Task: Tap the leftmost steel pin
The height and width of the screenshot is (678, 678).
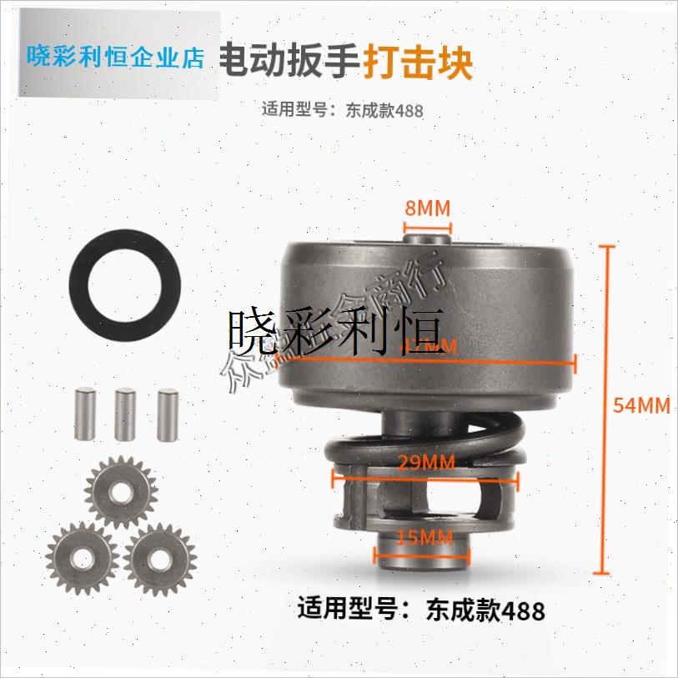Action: point(82,414)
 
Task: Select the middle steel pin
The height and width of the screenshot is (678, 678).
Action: point(124,414)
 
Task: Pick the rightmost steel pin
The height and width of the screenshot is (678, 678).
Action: point(167,414)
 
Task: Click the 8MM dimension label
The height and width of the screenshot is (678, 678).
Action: point(427,206)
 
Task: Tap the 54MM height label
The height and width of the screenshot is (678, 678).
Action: point(641,406)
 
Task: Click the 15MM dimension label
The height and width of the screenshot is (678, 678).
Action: point(426,538)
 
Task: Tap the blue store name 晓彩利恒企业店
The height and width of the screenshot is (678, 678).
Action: point(116,57)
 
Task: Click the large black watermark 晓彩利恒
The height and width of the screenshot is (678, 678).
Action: point(337,331)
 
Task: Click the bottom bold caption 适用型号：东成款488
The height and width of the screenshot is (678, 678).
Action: point(421,610)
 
